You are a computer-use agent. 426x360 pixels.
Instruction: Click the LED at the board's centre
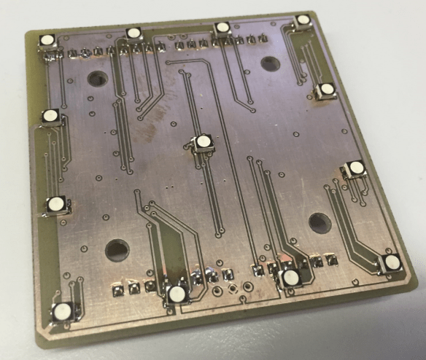point(203,141)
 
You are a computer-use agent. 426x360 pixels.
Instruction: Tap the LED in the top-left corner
point(47,40)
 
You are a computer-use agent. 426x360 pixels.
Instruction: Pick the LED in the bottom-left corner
point(62,312)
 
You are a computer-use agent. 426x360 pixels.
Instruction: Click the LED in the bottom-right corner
point(392,262)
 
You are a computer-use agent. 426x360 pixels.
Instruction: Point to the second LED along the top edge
point(133,33)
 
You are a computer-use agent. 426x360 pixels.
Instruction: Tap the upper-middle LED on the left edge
point(50,115)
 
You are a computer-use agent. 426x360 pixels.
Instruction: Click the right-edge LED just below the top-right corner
point(326,90)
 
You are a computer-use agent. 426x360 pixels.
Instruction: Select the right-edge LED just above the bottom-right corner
point(356,168)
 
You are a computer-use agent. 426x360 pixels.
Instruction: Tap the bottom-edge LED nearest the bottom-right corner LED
point(291,277)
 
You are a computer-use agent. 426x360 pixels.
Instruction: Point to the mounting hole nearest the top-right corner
point(270,63)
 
